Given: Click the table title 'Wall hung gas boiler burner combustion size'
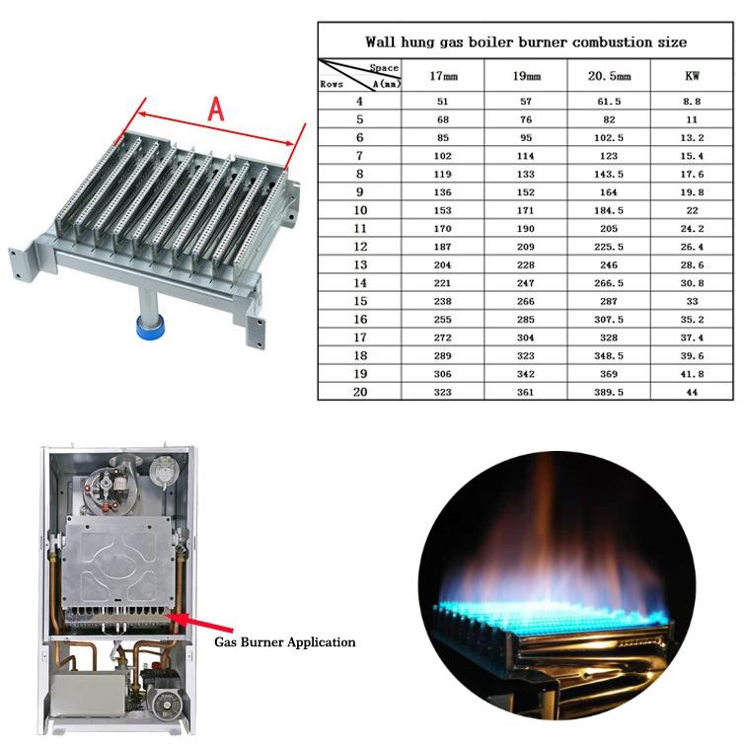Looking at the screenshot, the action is pos(526,41).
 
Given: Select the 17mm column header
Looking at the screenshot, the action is pos(443,76).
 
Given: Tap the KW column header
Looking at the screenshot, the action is pos(692,76).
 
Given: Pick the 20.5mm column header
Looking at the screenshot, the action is pos(609,76).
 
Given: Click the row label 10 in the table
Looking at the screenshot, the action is pos(360,210).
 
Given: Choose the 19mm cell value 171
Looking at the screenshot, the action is pos(526,210).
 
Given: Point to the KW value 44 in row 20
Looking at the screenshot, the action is pos(692,393).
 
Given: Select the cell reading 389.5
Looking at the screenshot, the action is pos(609,392).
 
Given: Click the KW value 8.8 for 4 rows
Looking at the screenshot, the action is pos(692,102).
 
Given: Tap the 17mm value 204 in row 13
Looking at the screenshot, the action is pos(442,264).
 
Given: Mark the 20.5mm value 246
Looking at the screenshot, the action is pos(609,264).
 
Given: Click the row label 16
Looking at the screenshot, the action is pos(360,319).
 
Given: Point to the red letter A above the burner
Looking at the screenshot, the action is pos(216,110).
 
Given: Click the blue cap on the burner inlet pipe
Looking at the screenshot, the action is pos(150,326).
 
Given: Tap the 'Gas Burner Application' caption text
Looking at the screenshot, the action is pos(285,642).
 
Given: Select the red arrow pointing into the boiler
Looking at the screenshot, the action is pos(199,623).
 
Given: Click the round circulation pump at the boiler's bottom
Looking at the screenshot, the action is pos(163,702).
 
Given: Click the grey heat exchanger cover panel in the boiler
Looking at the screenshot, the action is pos(117,563).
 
